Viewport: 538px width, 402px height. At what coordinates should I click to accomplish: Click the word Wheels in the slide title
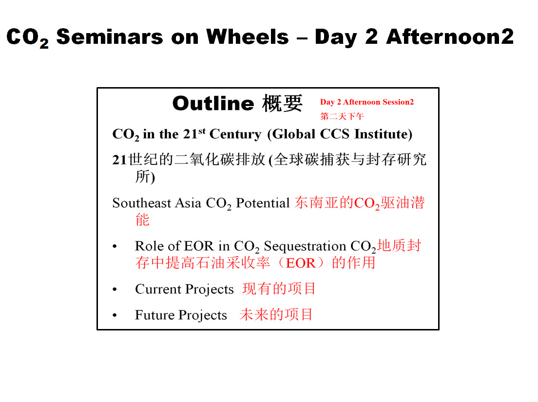(248, 37)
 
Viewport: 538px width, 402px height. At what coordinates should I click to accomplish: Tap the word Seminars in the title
(110, 37)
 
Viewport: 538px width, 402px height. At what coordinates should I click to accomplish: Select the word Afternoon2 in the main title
(450, 37)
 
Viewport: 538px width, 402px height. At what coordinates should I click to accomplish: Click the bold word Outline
(213, 103)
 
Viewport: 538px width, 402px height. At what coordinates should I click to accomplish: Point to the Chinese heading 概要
(282, 103)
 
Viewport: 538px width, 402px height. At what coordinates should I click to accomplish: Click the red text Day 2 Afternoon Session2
(367, 102)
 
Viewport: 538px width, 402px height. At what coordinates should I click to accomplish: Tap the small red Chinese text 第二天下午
(342, 116)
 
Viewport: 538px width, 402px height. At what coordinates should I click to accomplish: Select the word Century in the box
(235, 134)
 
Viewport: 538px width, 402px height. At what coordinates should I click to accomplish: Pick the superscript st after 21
(202, 130)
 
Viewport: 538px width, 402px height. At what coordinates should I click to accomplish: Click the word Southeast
(142, 203)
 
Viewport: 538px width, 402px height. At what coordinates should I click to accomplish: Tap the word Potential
(263, 203)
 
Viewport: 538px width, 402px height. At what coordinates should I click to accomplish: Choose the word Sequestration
(305, 246)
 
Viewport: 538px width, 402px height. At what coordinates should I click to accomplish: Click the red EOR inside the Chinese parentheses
(301, 263)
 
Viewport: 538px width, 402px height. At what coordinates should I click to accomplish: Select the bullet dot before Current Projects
(115, 290)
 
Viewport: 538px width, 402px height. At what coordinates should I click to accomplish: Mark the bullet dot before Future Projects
(115, 315)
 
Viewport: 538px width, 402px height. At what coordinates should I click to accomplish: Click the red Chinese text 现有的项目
(279, 289)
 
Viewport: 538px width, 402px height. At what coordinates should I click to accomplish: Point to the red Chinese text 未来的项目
(276, 314)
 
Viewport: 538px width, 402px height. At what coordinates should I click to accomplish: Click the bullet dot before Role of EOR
(115, 246)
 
